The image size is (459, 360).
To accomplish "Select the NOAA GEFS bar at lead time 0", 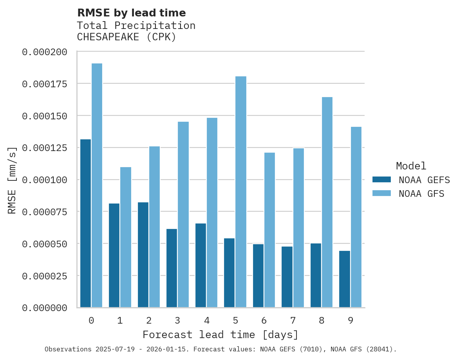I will (x=85, y=223).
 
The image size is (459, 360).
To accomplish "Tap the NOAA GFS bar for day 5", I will (x=241, y=192).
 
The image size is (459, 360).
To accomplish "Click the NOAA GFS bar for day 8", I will (x=327, y=202).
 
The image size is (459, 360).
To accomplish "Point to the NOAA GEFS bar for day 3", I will (x=172, y=268).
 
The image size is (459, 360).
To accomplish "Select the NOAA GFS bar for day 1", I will (x=126, y=237).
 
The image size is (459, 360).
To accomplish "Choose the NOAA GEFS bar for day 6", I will (x=258, y=275).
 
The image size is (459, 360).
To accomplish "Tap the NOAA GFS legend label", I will (x=421, y=194).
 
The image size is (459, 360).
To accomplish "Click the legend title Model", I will (x=411, y=166).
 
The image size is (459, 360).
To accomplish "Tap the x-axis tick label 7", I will (x=293, y=320).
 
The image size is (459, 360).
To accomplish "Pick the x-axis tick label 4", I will (x=206, y=320).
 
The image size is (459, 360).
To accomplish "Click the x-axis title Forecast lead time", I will (x=220, y=335).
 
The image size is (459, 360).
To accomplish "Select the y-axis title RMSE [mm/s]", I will (x=12, y=180).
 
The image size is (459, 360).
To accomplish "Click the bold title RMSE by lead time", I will (x=131, y=13).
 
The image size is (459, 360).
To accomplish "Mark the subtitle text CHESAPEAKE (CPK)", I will (x=126, y=37).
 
